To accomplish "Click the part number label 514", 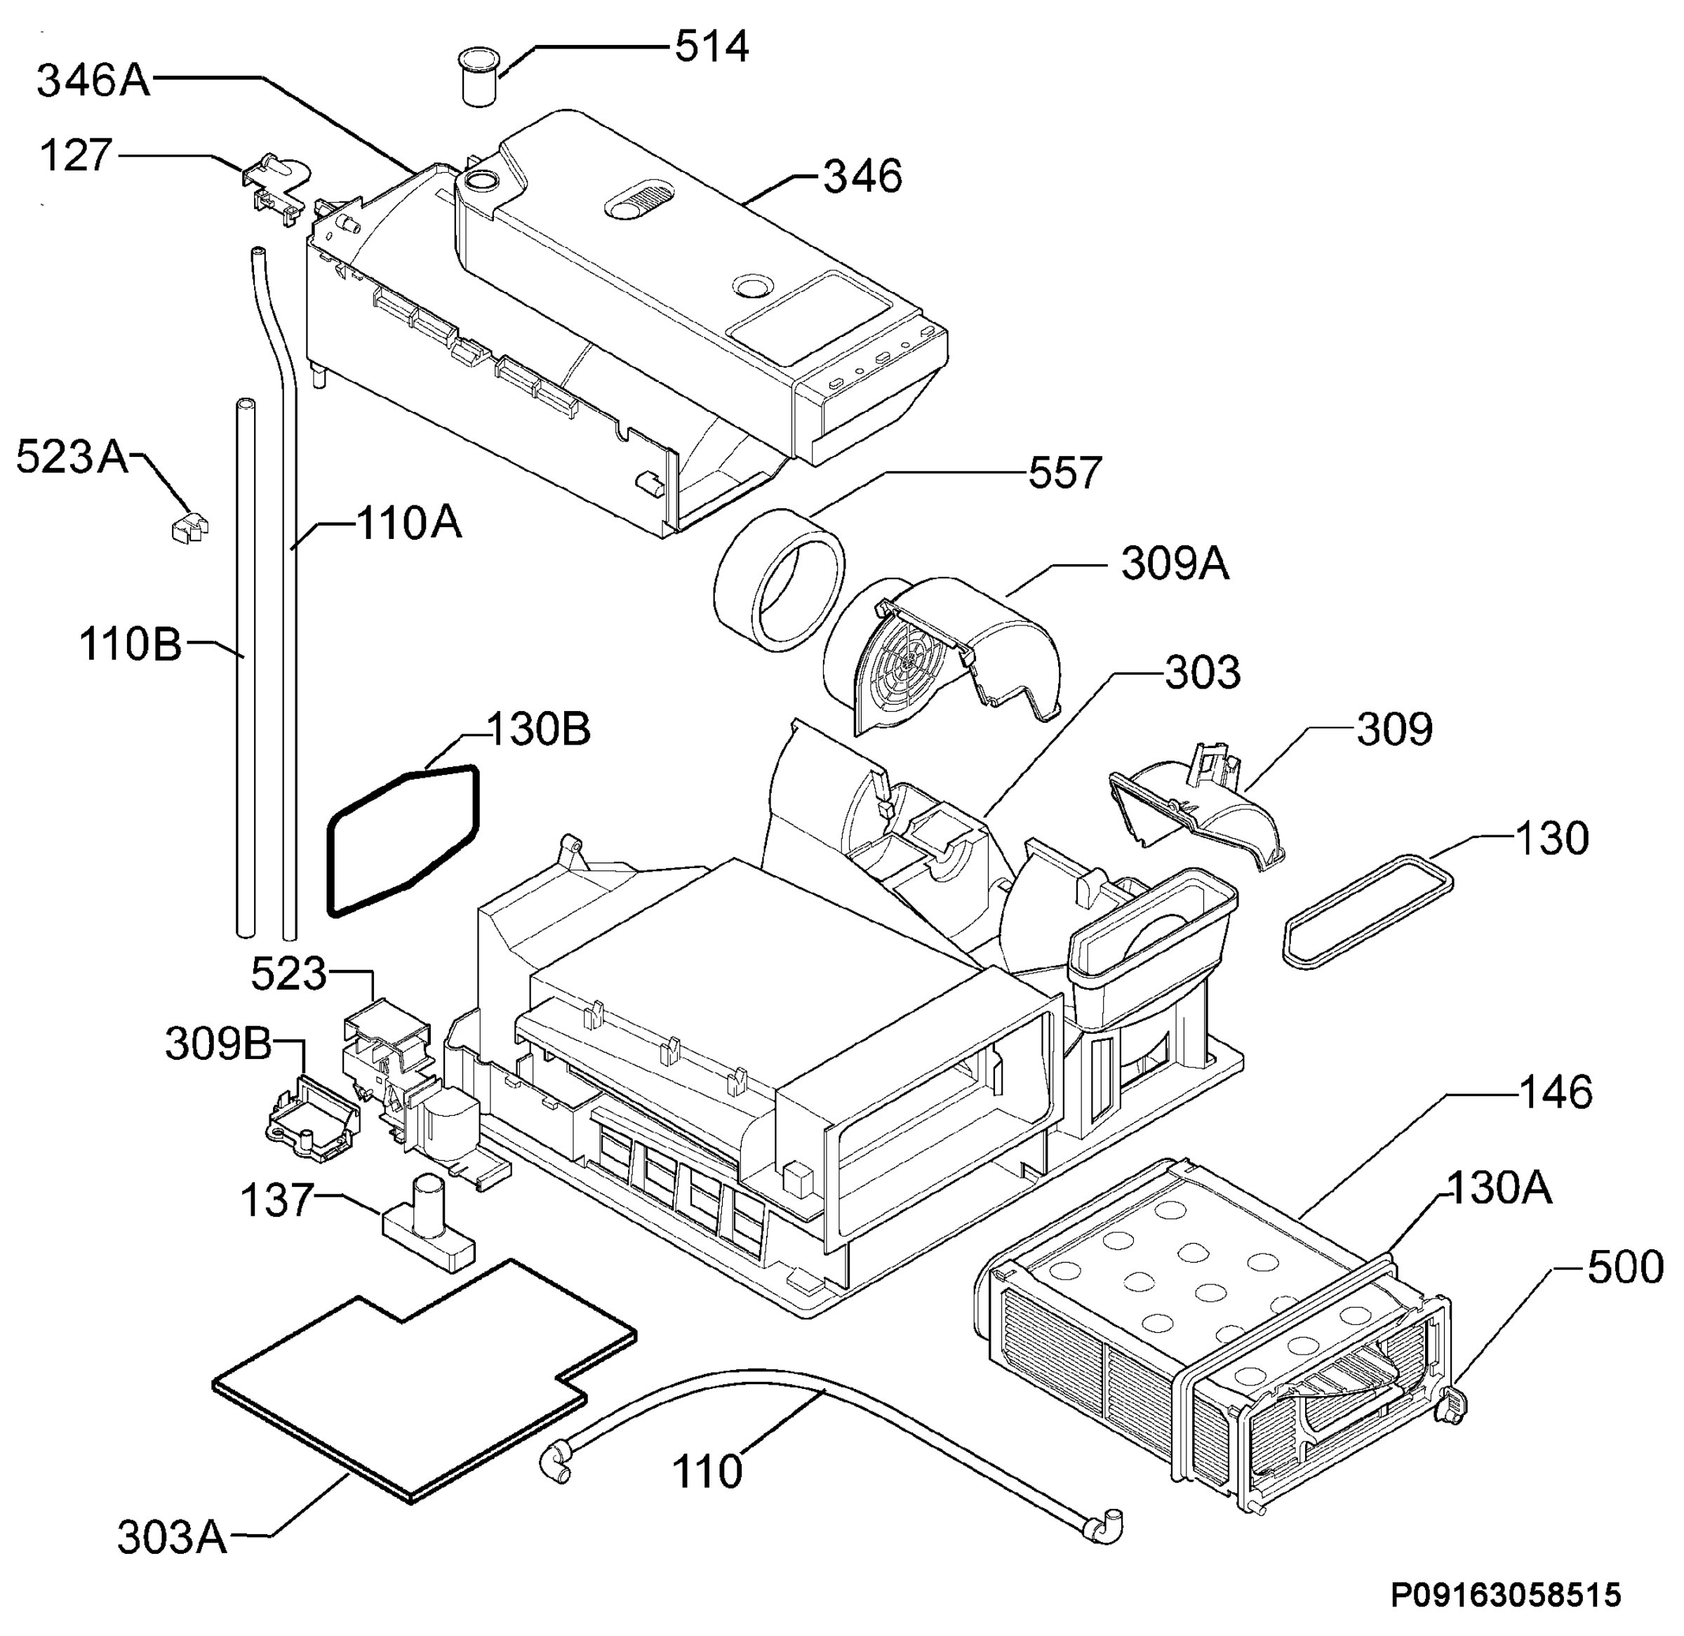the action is click(x=711, y=46).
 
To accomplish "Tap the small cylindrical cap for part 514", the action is click(x=478, y=77).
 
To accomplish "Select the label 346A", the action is click(x=93, y=81).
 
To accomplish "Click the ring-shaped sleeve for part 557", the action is click(x=780, y=576).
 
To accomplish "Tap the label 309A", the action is click(x=1175, y=564).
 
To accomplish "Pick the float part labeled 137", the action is click(x=428, y=1225).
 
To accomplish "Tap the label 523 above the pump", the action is click(x=288, y=974).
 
